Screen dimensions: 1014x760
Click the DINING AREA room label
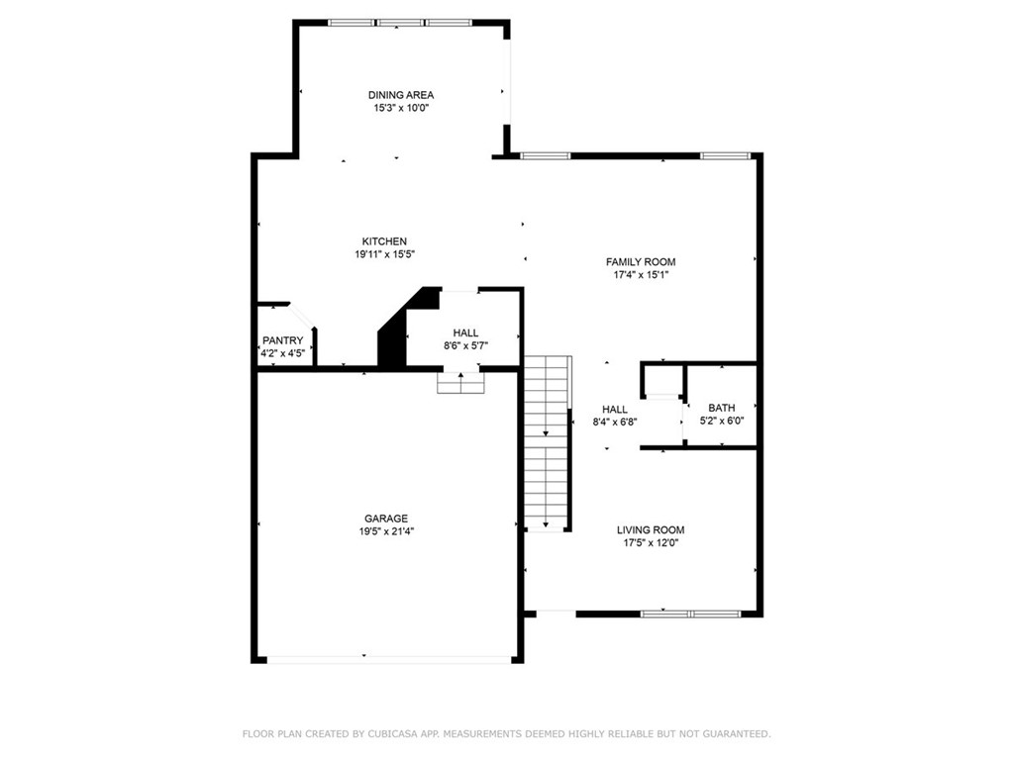pos(401,95)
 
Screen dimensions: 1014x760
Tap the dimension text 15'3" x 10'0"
pos(401,108)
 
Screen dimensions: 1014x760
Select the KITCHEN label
pos(384,241)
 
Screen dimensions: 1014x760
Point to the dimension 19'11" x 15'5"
pos(384,254)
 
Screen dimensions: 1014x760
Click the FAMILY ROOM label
pos(641,261)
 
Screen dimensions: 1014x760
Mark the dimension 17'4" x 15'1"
pos(641,275)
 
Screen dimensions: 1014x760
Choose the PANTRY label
pos(282,340)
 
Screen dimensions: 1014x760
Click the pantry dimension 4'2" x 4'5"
pos(282,353)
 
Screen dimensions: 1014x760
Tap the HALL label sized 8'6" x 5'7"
pos(465,332)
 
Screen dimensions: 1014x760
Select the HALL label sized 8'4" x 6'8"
pos(615,409)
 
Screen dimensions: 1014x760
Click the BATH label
pos(722,408)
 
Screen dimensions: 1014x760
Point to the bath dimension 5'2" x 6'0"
pos(722,421)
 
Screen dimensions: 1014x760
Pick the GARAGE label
pos(386,519)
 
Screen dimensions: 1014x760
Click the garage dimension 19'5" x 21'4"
pos(386,531)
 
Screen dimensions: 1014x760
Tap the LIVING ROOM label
pos(651,530)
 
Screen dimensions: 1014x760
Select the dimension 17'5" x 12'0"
pos(651,543)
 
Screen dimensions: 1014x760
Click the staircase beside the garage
pos(548,443)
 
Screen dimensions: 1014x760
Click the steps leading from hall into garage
pos(461,383)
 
